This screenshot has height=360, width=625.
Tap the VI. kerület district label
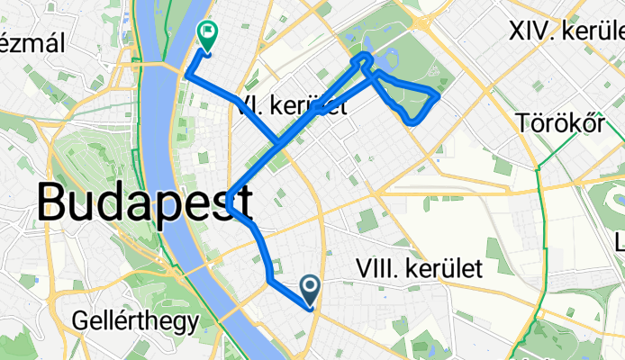(293, 107)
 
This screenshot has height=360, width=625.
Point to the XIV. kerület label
(566, 33)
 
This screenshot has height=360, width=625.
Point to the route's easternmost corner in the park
(438, 93)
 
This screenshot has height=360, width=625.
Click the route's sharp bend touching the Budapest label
(231, 202)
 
